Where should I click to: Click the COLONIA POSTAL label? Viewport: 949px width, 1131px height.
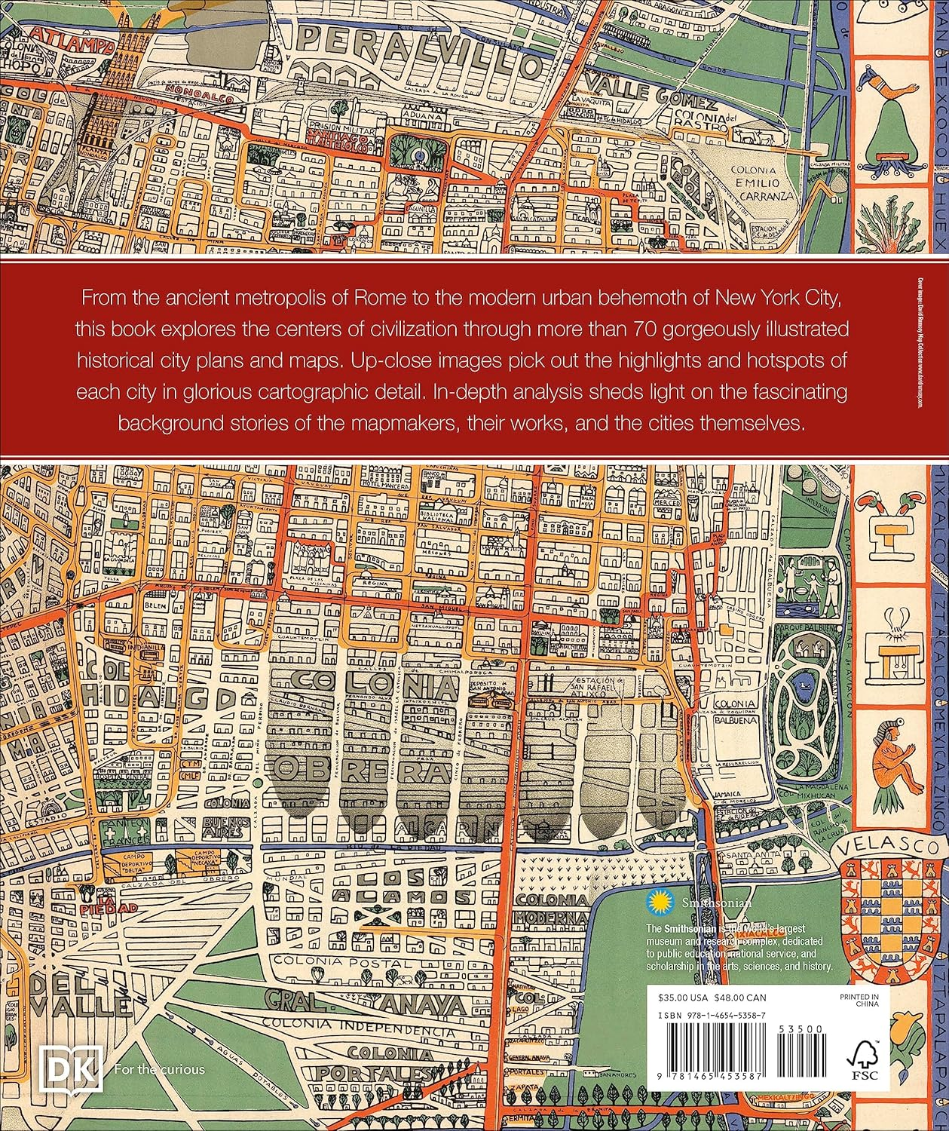[329, 960]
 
